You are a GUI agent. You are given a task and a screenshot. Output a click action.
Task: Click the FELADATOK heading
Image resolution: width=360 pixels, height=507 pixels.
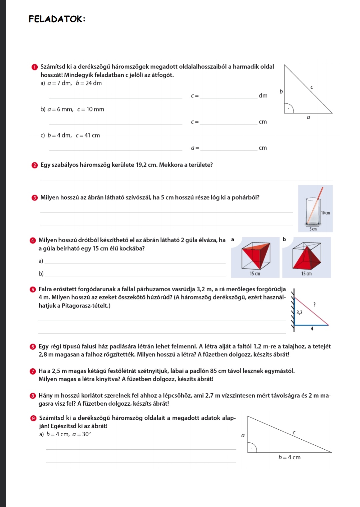(57, 19)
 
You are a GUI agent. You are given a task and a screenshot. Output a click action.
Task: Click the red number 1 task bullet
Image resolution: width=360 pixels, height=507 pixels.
(34, 67)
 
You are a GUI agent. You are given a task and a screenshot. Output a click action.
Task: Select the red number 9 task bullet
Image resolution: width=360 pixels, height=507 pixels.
(33, 418)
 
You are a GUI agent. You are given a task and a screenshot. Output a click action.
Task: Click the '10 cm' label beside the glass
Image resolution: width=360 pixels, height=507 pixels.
(326, 213)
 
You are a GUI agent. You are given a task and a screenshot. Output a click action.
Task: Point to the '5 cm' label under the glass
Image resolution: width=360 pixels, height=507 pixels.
(313, 229)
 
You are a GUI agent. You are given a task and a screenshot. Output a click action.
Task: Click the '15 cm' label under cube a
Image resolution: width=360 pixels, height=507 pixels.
(255, 274)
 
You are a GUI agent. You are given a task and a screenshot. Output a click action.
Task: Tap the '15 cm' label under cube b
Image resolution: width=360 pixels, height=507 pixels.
(306, 274)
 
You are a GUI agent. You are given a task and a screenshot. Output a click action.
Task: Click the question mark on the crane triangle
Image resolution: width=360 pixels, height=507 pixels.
(314, 304)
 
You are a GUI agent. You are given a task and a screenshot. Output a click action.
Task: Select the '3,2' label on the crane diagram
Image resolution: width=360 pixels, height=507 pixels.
(299, 313)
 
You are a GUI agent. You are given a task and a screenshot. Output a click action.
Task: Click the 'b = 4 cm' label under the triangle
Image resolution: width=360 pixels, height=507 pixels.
(289, 458)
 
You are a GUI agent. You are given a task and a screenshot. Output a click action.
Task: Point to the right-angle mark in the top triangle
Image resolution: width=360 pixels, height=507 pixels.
(288, 108)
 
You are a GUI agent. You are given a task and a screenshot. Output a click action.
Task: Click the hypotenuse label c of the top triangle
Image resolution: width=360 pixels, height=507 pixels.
(312, 87)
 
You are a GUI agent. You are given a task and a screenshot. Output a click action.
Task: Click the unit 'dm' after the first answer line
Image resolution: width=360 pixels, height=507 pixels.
(263, 96)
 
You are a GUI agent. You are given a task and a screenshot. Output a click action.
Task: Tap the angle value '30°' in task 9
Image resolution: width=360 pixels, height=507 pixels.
(86, 434)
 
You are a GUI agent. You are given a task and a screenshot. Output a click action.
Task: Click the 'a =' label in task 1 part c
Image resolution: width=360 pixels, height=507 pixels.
(195, 148)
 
